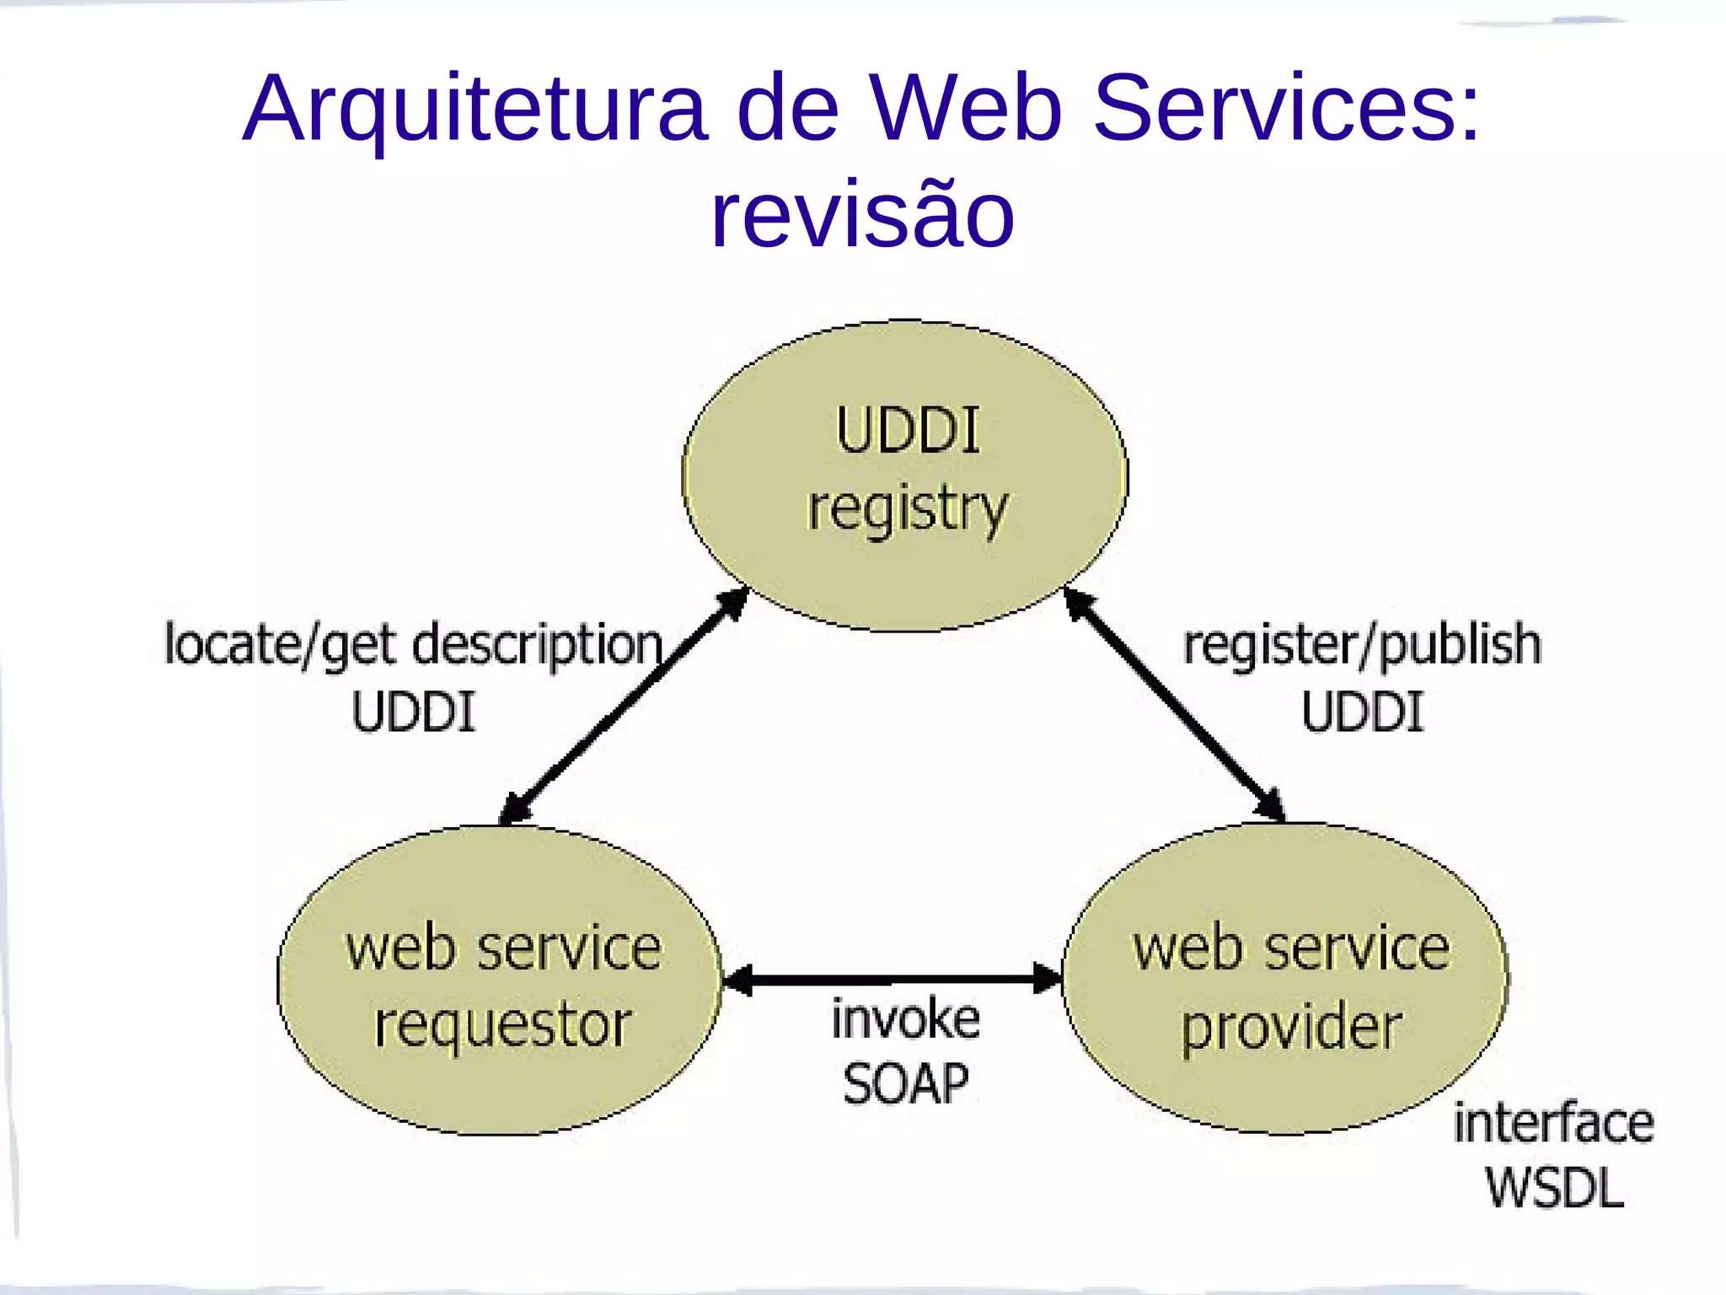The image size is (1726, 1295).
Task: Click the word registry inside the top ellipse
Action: pos(908,508)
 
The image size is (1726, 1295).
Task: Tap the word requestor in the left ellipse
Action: pos(502,1025)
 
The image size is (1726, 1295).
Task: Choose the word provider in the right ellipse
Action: pos(1290,1027)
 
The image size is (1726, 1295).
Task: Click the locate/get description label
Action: pos(413,646)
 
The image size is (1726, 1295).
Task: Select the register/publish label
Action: pos(1362,646)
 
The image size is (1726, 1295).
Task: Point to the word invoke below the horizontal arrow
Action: pos(906,1019)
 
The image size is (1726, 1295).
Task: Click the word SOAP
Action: pos(906,1083)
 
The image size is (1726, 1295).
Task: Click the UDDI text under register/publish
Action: pos(1362,712)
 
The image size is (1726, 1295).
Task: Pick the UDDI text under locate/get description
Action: pos(413,712)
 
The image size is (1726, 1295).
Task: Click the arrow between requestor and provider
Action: pos(892,980)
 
